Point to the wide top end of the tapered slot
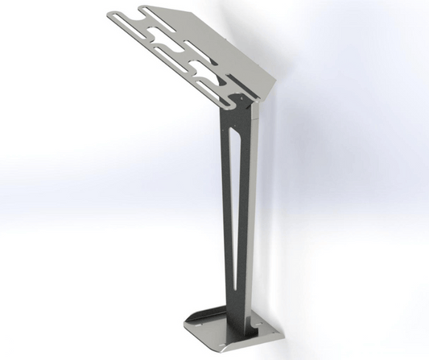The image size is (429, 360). (235, 133)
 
